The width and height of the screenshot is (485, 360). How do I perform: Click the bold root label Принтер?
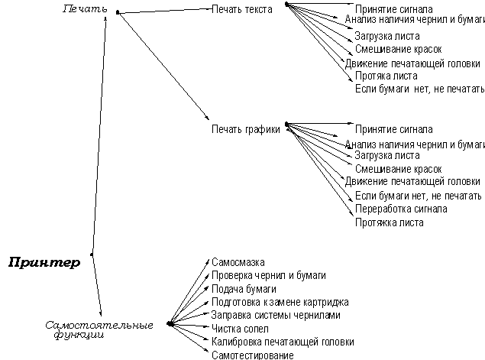pos(44,264)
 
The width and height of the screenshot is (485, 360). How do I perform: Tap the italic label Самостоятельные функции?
pos(99,329)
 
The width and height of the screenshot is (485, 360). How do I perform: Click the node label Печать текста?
pos(242,9)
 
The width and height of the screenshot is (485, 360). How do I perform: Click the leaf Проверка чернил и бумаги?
pos(269,274)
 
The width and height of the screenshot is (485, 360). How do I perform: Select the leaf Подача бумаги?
pos(244,288)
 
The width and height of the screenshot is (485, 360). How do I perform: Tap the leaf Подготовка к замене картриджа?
pos(280,301)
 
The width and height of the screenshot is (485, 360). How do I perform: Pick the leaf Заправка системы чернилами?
pos(276,314)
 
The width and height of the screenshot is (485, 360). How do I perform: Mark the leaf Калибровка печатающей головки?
pos(283,341)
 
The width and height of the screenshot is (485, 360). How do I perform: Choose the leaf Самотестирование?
pos(252,355)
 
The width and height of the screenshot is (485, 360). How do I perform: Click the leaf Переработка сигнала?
pos(401,209)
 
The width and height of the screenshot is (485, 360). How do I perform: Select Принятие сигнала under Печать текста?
pos(394,9)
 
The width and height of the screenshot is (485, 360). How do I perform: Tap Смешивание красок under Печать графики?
pos(398,169)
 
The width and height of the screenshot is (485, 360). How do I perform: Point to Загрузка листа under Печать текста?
pos(387,35)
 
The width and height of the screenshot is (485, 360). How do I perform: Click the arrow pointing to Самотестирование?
pos(189,339)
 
